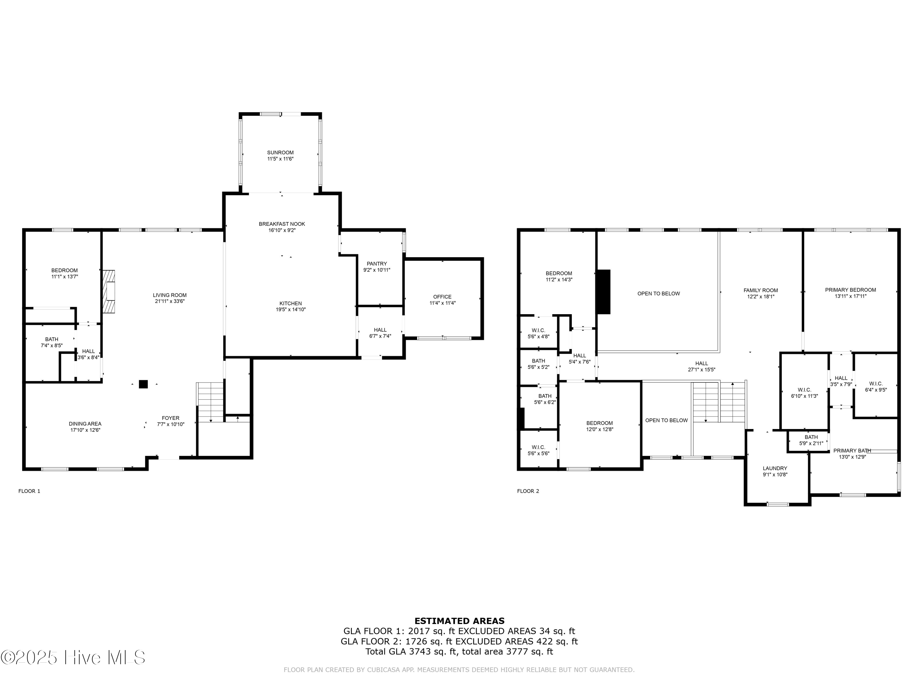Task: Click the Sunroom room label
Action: (280, 152)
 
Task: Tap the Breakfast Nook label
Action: (282, 224)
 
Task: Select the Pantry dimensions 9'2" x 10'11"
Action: (376, 270)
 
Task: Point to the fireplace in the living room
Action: (109, 291)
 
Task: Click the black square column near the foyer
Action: (143, 384)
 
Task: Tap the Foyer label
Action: (170, 418)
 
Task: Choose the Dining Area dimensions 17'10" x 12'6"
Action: (85, 430)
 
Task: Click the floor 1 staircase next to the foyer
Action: (210, 401)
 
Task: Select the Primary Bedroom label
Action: (850, 290)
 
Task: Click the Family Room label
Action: (760, 290)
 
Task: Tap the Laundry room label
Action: (774, 468)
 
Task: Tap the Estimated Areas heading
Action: (459, 621)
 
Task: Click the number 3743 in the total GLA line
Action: (420, 652)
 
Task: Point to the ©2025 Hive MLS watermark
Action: (73, 657)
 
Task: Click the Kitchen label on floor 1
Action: (290, 303)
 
